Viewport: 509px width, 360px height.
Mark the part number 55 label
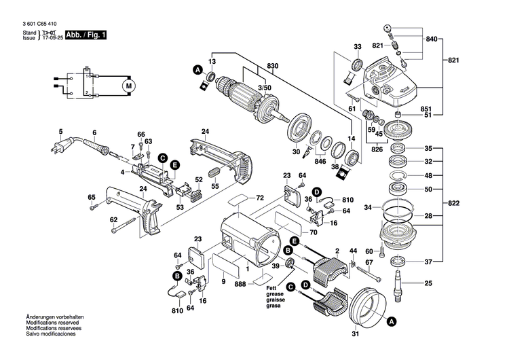pyautogui.click(x=214, y=185)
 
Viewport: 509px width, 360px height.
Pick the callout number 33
pyautogui.click(x=358, y=46)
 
